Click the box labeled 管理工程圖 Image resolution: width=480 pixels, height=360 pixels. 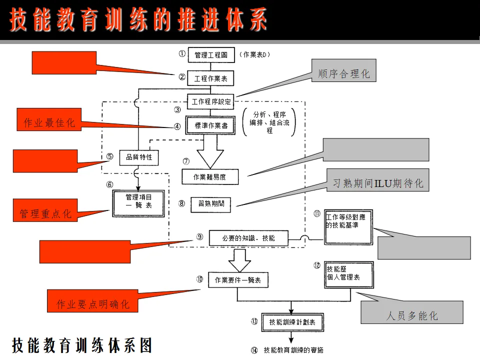click(211, 55)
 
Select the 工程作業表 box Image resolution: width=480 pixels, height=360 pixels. click(210, 78)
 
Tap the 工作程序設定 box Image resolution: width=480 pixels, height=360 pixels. click(211, 101)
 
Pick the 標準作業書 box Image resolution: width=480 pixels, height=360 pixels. click(210, 125)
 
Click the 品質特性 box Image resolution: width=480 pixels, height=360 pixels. click(138, 158)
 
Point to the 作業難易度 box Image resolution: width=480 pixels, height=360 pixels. click(210, 176)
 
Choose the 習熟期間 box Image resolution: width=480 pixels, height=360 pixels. click(210, 204)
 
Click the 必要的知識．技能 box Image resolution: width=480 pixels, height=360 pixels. click(248, 238)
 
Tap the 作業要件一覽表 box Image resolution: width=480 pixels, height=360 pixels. click(238, 280)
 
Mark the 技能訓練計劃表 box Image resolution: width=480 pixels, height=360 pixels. click(292, 322)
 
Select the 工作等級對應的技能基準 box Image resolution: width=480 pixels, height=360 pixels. click(348, 226)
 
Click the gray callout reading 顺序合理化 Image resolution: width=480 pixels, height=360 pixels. click(344, 73)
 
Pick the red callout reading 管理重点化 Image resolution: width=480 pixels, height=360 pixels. click(45, 214)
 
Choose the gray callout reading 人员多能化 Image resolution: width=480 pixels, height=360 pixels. click(412, 315)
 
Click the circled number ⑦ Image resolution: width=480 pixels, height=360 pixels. click(186, 161)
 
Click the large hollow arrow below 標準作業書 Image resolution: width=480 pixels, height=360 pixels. click(210, 152)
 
